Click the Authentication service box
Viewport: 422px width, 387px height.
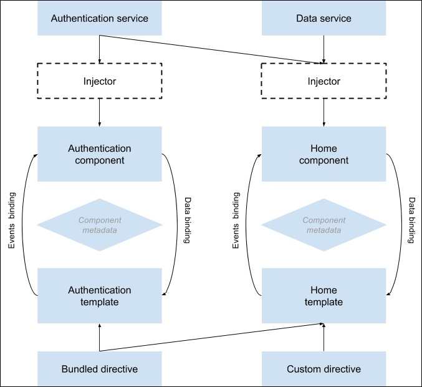click(x=100, y=18)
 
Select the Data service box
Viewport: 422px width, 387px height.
click(x=324, y=18)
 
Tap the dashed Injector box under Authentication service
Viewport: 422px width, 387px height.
click(x=100, y=81)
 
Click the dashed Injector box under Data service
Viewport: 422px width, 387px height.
click(x=324, y=81)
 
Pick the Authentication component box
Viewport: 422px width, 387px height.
click(x=100, y=154)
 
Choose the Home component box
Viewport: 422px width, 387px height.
click(x=324, y=154)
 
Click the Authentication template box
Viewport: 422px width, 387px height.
click(x=100, y=296)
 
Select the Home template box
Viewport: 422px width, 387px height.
click(x=324, y=296)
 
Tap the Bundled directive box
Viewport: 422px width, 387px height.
click(x=100, y=369)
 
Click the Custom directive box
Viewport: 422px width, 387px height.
click(x=324, y=369)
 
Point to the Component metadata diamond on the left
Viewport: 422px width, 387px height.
click(x=100, y=225)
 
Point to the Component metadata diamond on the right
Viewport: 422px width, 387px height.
click(x=324, y=225)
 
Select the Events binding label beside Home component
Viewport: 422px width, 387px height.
click(x=236, y=222)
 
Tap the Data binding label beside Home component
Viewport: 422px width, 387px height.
click(x=411, y=222)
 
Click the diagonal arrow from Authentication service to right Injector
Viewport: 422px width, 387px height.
click(x=212, y=49)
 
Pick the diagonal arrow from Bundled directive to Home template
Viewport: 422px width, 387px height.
click(x=212, y=337)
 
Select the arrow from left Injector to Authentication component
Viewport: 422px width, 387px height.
click(x=100, y=112)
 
